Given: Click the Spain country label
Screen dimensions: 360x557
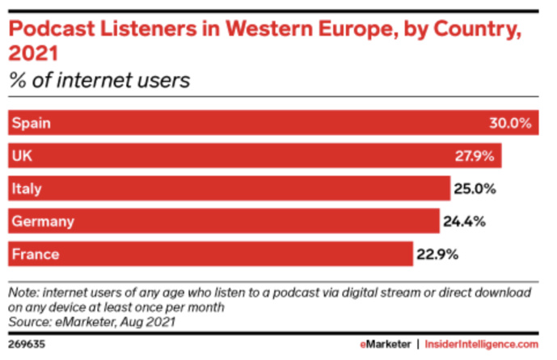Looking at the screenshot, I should click(x=31, y=124).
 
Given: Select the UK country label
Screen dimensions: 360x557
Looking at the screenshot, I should click(x=22, y=156).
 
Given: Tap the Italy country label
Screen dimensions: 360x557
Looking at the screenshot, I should click(x=26, y=189).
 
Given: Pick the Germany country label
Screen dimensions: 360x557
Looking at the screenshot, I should click(x=42, y=221).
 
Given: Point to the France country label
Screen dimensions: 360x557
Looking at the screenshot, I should click(x=35, y=254).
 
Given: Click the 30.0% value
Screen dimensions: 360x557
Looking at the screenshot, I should click(x=510, y=124).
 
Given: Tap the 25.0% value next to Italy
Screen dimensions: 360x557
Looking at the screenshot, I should click(x=474, y=189).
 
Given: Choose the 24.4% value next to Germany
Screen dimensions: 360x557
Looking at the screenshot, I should click(x=464, y=221).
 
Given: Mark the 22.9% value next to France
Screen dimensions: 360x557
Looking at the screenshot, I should click(x=437, y=254).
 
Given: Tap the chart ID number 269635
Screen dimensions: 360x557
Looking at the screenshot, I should click(x=25, y=343).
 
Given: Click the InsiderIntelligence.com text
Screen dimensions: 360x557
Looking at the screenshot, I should click(x=489, y=343).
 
